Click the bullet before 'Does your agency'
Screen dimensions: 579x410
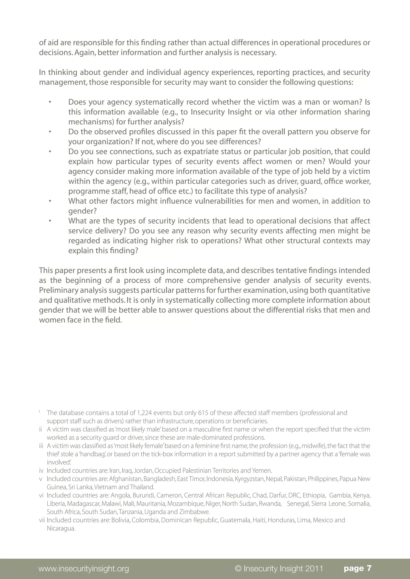[50, 102]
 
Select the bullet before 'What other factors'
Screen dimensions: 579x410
[50, 201]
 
